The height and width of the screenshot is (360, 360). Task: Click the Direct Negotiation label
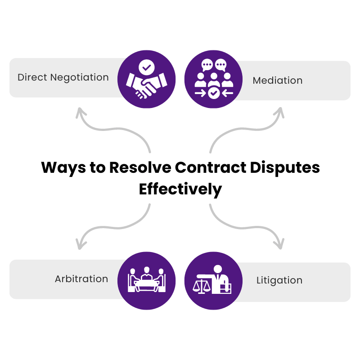63,77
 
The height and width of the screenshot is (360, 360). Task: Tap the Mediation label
278,81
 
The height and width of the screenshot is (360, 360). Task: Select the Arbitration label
81,279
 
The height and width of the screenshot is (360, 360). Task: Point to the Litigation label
279,280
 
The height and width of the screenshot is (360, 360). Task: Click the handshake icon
147,85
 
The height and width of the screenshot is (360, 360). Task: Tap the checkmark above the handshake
147,67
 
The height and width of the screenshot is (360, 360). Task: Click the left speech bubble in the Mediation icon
207,65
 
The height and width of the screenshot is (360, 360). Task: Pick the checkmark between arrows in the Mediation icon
214,93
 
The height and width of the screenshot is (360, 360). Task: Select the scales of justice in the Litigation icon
201,286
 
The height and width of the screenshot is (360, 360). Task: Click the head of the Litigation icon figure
218,269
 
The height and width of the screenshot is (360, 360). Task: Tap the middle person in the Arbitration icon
147,273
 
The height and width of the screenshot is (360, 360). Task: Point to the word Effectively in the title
180,189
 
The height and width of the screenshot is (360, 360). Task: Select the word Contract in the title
211,167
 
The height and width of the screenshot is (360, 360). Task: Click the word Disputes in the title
285,168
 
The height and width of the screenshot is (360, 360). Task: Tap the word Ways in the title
63,168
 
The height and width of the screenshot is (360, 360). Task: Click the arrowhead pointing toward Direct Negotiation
81,112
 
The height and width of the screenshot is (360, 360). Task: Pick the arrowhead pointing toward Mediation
279,112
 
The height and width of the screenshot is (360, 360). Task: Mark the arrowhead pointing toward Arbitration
81,244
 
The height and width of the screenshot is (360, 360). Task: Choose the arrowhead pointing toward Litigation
279,244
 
